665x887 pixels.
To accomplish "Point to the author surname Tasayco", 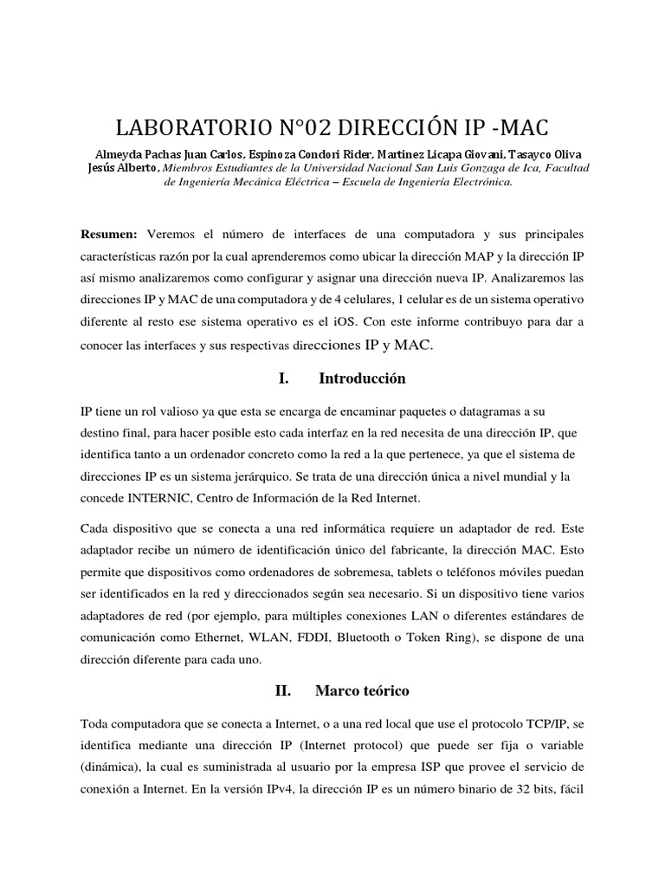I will [x=533, y=154].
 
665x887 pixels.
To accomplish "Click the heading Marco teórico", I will [x=362, y=690].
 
